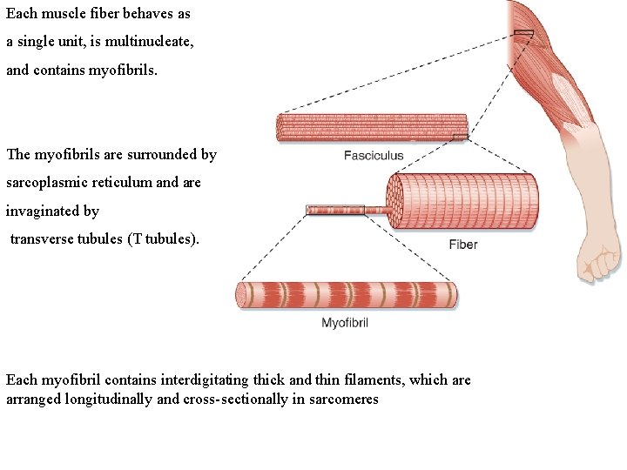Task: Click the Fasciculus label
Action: click(x=374, y=156)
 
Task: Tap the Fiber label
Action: click(x=462, y=245)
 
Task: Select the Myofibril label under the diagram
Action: click(x=345, y=323)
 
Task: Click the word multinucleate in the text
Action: click(x=151, y=42)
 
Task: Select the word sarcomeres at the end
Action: click(x=344, y=399)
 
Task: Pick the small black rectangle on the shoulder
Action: click(x=522, y=33)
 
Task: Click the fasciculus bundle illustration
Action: click(x=371, y=128)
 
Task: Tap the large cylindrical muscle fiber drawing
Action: click(x=462, y=201)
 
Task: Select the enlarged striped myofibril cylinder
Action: click(x=347, y=295)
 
